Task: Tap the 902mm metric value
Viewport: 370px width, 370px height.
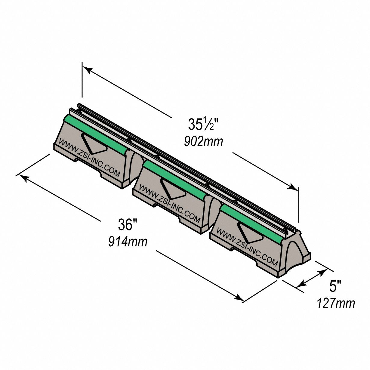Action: point(204,141)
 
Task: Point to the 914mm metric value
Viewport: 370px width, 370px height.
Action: point(128,241)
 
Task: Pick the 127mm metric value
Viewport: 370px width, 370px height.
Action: point(336,303)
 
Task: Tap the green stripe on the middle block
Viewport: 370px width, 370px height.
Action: point(174,179)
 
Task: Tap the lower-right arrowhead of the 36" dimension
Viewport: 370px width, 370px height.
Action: point(239,298)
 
